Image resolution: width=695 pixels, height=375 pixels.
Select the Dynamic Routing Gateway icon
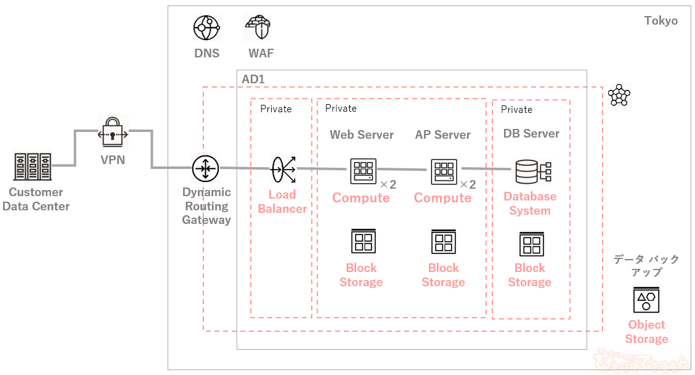point(206,168)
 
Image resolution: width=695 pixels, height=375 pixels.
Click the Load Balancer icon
point(283,168)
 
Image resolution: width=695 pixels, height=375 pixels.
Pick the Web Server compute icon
point(363,171)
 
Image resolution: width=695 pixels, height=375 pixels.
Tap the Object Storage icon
point(646,300)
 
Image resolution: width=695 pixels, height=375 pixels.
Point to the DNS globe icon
point(206,28)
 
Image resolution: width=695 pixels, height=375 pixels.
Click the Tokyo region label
point(660,21)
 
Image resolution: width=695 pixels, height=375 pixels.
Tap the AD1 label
point(253,79)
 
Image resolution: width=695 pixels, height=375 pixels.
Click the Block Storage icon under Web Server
point(363,241)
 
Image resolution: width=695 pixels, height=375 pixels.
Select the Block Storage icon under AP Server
point(444,241)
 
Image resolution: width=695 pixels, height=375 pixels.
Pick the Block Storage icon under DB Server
point(531,244)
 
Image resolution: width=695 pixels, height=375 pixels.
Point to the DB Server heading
point(531,133)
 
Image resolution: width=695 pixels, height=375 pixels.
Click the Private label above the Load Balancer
point(275,109)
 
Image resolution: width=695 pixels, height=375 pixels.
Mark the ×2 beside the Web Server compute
point(388,184)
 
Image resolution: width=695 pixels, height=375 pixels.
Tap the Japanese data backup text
point(646,265)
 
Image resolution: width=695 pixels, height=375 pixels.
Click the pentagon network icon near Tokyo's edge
point(619,96)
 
